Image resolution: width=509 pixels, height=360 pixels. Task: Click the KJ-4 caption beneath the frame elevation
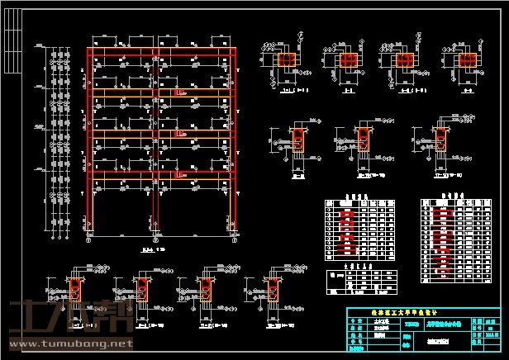coord(150,248)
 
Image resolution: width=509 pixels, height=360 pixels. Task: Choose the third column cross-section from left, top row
coord(407,60)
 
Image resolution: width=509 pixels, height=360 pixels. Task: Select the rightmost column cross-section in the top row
coord(468,60)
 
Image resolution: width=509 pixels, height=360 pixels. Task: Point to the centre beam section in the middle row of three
coord(362,143)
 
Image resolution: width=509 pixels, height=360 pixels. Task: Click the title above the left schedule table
coord(355,197)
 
